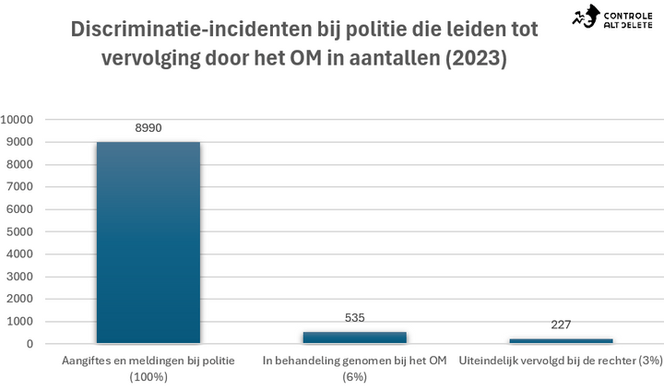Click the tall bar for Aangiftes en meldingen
(x=148, y=242)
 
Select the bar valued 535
(x=354, y=337)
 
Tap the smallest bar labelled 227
(x=561, y=341)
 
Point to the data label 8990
(x=148, y=128)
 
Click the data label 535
(x=354, y=317)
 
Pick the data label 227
(x=561, y=325)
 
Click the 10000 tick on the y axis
(x=17, y=120)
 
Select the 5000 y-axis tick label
(x=19, y=231)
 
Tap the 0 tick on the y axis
(x=30, y=344)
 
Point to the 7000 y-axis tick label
(x=19, y=187)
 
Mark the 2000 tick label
(x=19, y=299)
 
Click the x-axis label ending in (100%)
(x=148, y=369)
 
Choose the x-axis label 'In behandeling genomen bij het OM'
(x=354, y=360)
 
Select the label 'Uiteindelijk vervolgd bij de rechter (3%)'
(x=561, y=360)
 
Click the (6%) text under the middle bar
(x=354, y=376)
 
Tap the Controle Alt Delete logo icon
(x=587, y=17)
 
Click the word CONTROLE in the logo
(x=628, y=16)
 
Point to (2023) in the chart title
(x=476, y=58)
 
